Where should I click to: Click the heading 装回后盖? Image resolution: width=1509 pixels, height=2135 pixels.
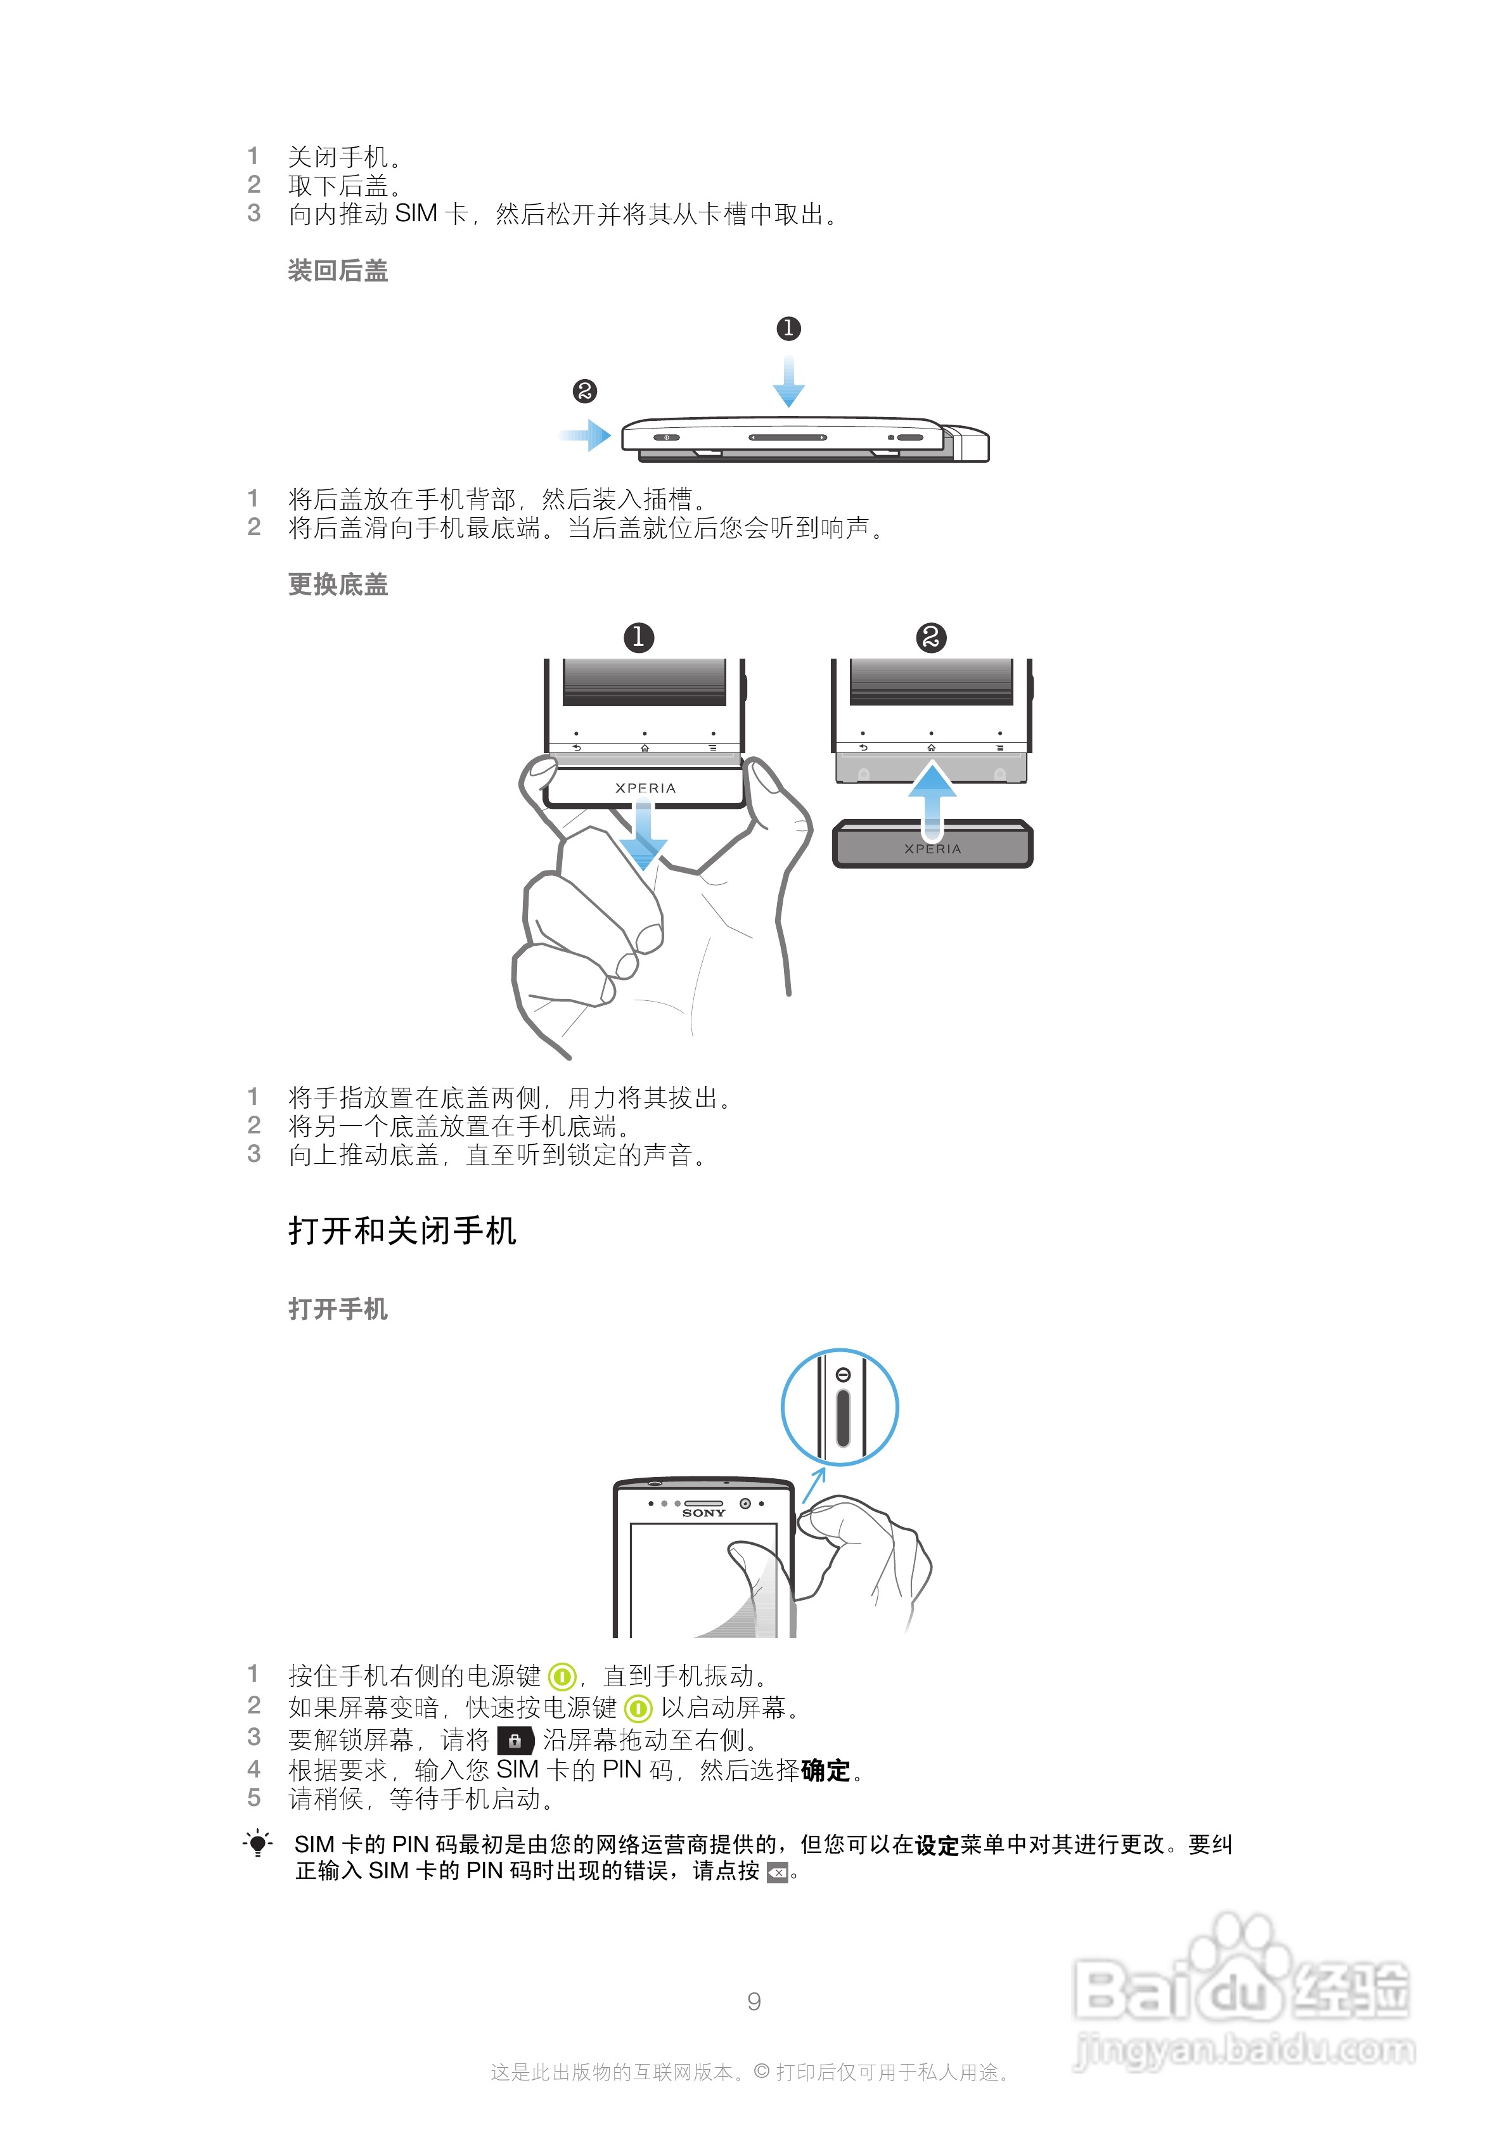pos(338,271)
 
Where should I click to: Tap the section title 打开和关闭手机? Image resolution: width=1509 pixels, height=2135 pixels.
pos(402,1230)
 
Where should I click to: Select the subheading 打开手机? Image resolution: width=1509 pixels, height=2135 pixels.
pos(338,1308)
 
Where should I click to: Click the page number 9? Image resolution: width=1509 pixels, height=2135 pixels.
pos(754,2001)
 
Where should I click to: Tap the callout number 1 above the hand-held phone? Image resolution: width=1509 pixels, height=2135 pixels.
pos(639,637)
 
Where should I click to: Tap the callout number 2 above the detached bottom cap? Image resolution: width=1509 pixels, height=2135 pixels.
pos(931,637)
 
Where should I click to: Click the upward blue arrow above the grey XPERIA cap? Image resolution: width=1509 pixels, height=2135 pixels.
pos(932,795)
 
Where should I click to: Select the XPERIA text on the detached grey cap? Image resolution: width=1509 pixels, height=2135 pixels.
pos(932,849)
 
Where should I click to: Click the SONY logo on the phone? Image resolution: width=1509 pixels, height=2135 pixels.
pos(704,1514)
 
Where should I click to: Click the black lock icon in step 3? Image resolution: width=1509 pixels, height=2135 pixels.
pos(515,1740)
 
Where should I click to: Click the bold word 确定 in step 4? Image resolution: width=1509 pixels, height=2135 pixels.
pos(826,1771)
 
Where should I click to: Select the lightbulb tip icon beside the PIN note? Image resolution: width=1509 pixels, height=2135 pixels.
pos(257,1843)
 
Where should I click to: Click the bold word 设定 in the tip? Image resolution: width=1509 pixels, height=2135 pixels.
pos(937,1845)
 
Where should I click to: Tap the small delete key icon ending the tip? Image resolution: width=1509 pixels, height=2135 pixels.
pos(777,1873)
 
